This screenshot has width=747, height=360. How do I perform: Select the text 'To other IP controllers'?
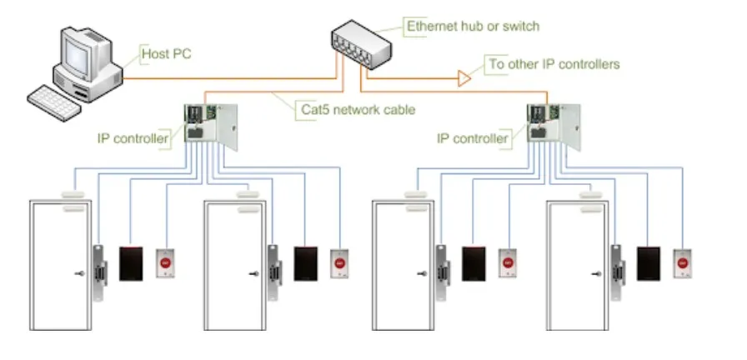554,63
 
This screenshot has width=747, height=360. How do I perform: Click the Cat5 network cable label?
356,109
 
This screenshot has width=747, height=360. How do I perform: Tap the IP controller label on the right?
473,137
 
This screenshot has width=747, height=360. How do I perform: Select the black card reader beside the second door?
306,262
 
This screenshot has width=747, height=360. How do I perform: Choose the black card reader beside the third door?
474,262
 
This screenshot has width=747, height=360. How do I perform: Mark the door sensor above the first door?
73,200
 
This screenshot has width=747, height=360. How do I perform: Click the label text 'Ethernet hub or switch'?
473,27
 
